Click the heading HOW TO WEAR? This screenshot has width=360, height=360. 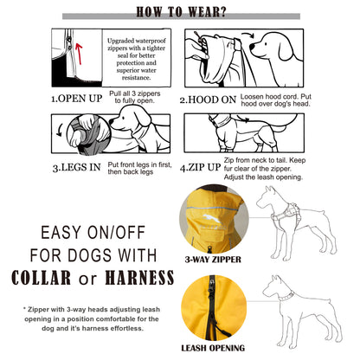[180, 12]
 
